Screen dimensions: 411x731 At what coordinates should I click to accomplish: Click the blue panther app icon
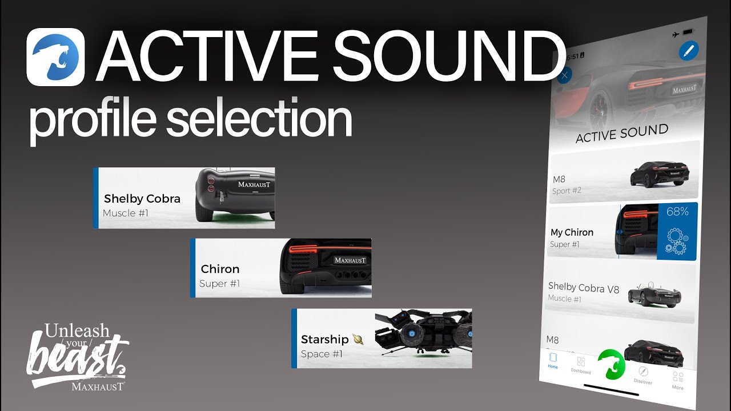coord(55,57)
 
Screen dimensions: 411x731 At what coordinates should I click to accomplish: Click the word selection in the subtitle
coord(259,120)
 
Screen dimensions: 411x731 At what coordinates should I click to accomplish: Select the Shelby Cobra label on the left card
coord(142,199)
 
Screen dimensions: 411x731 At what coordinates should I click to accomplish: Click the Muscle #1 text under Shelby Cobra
coord(126,213)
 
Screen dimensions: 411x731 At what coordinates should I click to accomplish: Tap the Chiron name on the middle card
coord(220,269)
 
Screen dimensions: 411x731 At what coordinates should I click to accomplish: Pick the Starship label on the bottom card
coord(324,339)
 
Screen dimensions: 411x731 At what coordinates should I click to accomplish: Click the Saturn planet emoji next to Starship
coord(358,339)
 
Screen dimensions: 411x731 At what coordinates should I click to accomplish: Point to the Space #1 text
coord(322,354)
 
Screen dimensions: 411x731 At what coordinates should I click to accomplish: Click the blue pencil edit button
coord(689,51)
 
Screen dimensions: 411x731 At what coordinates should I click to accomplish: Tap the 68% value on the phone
coord(677,212)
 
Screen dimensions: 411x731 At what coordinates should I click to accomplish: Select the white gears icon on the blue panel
coord(677,240)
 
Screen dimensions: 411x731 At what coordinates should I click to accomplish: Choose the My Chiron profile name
coord(572,232)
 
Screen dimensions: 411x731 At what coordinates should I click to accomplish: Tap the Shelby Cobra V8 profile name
coord(583,288)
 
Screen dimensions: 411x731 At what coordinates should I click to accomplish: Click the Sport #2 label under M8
coord(567,191)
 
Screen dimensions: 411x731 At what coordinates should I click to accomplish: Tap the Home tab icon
coord(553,358)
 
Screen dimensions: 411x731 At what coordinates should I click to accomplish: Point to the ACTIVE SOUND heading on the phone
coord(621,134)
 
